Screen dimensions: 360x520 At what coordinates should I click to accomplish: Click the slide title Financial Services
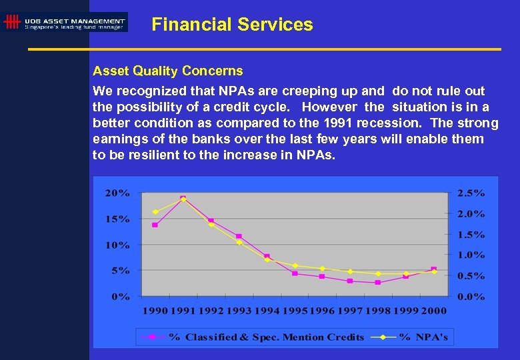[232, 25]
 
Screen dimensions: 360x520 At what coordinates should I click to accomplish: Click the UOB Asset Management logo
[65, 22]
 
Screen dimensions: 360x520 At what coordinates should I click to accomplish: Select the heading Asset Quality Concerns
[167, 71]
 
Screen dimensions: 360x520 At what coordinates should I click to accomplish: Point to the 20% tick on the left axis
[120, 193]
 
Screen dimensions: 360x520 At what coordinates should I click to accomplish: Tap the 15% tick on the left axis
[120, 219]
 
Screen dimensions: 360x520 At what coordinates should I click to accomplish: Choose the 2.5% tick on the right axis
[470, 193]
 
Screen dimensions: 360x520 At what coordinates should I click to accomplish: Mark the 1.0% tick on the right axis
[470, 255]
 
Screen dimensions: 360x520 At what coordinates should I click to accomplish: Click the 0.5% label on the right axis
[470, 276]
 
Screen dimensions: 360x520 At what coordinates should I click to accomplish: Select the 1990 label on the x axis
[155, 311]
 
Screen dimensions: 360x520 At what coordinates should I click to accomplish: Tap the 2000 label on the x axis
[434, 311]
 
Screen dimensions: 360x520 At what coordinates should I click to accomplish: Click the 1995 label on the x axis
[295, 311]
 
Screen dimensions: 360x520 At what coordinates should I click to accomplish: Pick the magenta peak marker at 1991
[183, 199]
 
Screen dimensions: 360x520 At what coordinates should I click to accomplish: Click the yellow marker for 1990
[155, 212]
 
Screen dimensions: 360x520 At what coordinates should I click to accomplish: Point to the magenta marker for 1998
[378, 283]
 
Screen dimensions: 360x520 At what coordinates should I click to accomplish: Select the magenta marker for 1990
[155, 225]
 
